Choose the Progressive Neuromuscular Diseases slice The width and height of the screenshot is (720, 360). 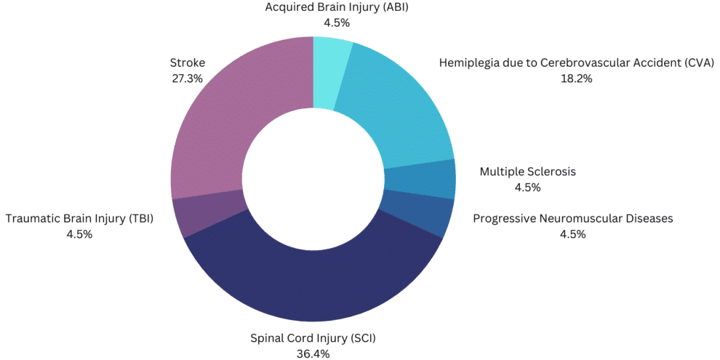pyautogui.click(x=415, y=212)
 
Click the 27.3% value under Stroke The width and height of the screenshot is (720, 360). pyautogui.click(x=186, y=78)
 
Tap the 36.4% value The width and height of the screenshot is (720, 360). pyautogui.click(x=313, y=353)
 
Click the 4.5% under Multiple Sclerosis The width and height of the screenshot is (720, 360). pyautogui.click(x=527, y=188)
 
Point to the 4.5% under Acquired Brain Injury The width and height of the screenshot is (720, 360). pyautogui.click(x=337, y=23)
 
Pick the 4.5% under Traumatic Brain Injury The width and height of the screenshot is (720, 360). pyautogui.click(x=79, y=233)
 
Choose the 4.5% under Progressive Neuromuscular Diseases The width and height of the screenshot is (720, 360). pyautogui.click(x=573, y=233)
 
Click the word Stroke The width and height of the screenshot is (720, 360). pyautogui.click(x=187, y=63)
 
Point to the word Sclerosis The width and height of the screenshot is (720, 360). pyautogui.click(x=551, y=172)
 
